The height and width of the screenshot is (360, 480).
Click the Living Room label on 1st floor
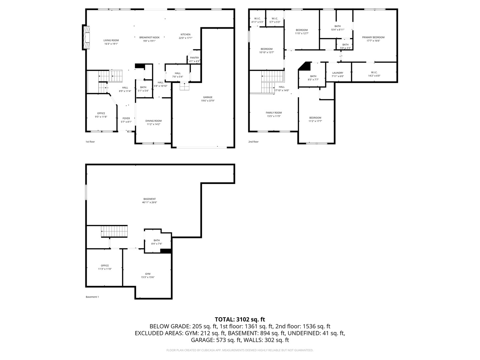pos(111,40)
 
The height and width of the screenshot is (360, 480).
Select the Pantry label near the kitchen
pos(194,58)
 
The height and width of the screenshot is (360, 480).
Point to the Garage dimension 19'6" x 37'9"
pos(208,101)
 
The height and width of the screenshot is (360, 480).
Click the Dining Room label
pos(153,121)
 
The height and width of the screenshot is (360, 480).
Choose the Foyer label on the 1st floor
pos(126,118)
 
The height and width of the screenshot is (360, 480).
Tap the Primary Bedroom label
pos(373,37)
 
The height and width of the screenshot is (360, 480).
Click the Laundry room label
pos(338,73)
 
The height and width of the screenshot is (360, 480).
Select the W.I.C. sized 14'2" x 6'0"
pos(374,74)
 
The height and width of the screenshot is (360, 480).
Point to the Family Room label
pos(274,113)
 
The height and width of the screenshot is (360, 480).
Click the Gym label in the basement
pos(148,274)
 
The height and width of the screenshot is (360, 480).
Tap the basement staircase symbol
pos(114,231)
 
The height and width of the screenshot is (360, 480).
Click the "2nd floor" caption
pos(253,142)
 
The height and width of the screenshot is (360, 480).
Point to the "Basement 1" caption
pos(92,297)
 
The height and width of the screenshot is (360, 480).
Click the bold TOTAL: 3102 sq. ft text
pos(240,319)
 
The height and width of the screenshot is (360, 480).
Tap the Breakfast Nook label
pos(149,37)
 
